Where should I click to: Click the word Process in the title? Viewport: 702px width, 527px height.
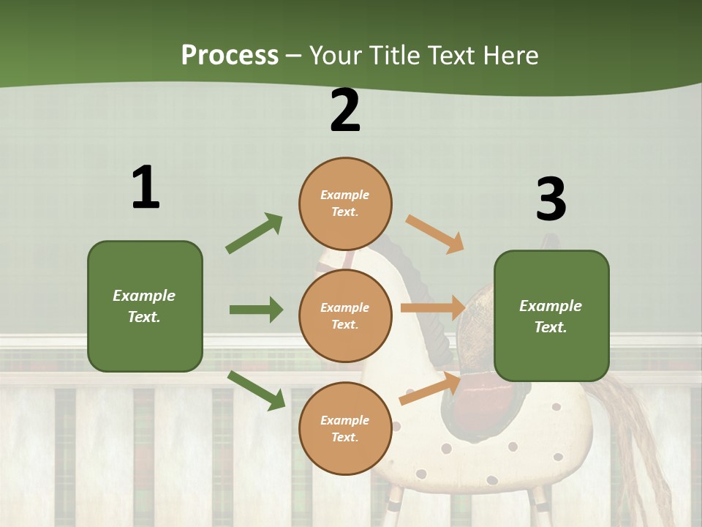[230, 55]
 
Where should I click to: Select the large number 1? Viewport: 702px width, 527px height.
[146, 188]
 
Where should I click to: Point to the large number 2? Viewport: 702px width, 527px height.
[345, 111]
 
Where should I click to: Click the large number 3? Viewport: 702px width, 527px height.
[551, 199]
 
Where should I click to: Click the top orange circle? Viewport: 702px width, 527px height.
[345, 203]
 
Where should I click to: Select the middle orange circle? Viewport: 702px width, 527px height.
[345, 315]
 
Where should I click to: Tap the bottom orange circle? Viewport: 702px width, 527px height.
[345, 428]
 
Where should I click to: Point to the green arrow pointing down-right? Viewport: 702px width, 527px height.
[257, 390]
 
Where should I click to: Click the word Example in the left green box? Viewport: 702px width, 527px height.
[144, 296]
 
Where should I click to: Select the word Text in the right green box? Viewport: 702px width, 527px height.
[551, 327]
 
